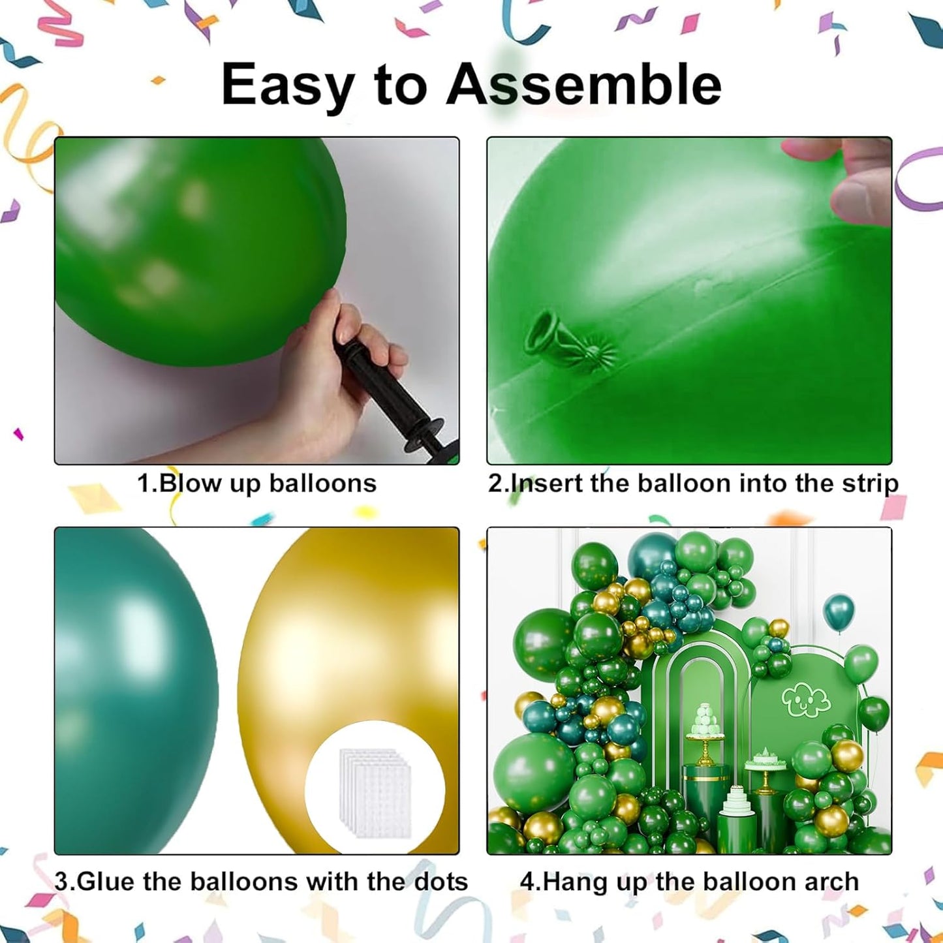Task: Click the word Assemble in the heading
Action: point(583,85)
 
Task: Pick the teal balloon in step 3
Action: point(131,685)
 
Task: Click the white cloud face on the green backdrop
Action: point(806,700)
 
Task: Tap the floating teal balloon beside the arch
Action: point(839,611)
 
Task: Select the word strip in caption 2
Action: point(870,484)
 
